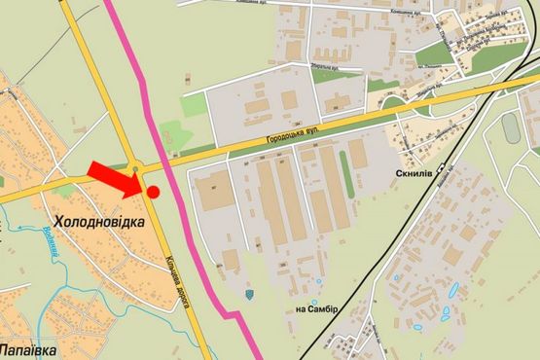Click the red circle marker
coord(153,192)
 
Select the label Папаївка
coord(30,346)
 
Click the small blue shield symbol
coord(250,292)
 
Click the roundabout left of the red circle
coord(137,170)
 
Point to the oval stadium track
coord(512,127)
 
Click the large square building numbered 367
coord(214,190)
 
